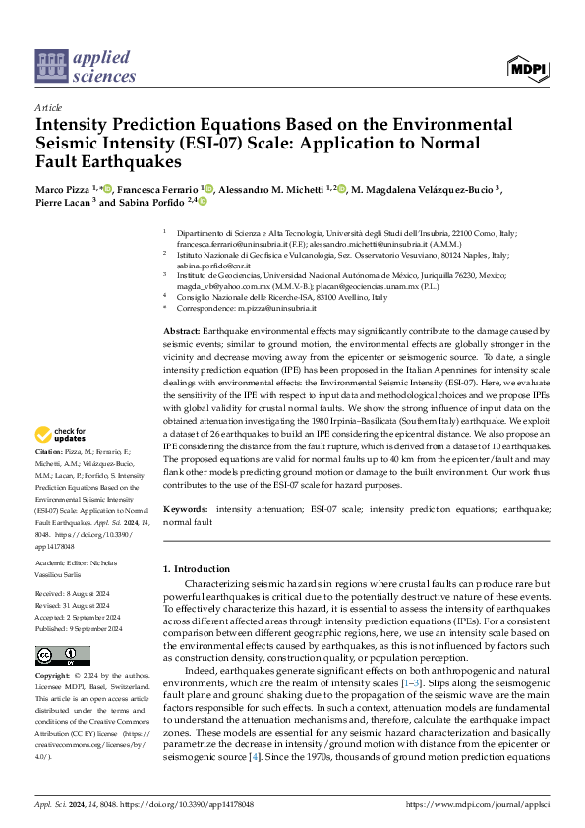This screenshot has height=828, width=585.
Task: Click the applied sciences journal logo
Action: [x=86, y=65]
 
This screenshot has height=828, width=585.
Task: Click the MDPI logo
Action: [x=527, y=67]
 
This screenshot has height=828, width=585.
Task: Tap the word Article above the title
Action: [x=49, y=107]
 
